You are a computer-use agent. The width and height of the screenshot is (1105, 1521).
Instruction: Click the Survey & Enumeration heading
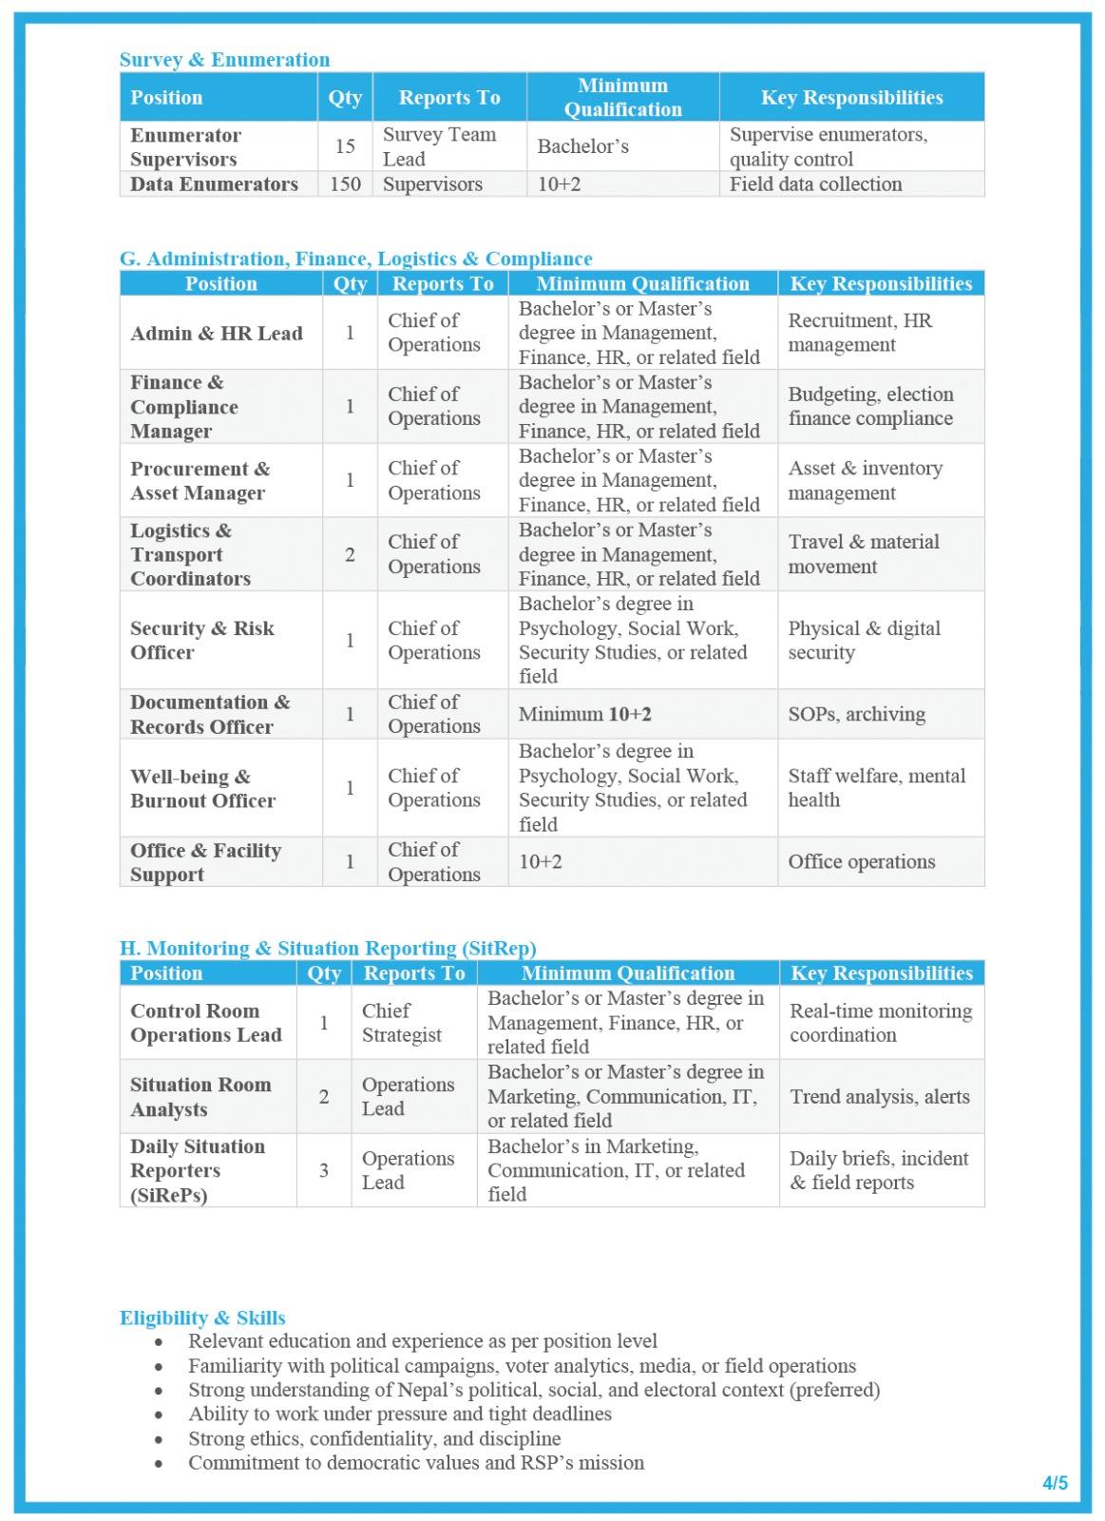pos(224,60)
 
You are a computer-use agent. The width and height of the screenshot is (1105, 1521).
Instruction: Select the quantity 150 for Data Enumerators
pos(345,184)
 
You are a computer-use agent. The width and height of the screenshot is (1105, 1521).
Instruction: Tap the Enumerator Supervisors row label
pos(185,147)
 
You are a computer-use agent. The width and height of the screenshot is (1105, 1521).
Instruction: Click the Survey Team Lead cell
pos(439,147)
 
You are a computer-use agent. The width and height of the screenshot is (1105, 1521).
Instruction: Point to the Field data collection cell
pos(815,184)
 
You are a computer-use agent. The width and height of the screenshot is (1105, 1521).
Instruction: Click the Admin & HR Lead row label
pos(217,334)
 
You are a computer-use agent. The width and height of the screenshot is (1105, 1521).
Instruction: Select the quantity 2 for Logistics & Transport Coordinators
pos(350,555)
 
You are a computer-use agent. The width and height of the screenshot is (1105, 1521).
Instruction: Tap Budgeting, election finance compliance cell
pos(870,407)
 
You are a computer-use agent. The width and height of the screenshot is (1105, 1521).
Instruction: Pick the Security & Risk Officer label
pos(201,641)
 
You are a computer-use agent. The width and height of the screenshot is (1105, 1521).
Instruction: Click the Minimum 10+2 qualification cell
pos(585,715)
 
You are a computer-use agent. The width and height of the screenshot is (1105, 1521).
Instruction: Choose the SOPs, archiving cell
pos(856,715)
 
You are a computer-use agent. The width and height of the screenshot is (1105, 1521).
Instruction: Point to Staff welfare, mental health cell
pos(876,788)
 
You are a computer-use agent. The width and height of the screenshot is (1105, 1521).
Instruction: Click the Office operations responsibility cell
pos(861,862)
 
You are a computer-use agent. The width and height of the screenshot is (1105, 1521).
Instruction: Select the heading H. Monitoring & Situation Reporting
pos(328,949)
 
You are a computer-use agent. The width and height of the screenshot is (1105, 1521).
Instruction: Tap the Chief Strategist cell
pos(401,1023)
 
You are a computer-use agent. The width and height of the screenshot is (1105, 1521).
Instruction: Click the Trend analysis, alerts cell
pos(879,1097)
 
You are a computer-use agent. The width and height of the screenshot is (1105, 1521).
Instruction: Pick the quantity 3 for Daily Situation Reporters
pos(324,1170)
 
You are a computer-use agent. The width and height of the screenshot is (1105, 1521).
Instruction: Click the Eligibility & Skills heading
pos(202,1319)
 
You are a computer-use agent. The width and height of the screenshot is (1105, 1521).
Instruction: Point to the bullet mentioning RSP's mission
pos(416,1463)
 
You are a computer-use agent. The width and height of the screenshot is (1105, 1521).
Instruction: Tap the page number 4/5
pos(1055,1483)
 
